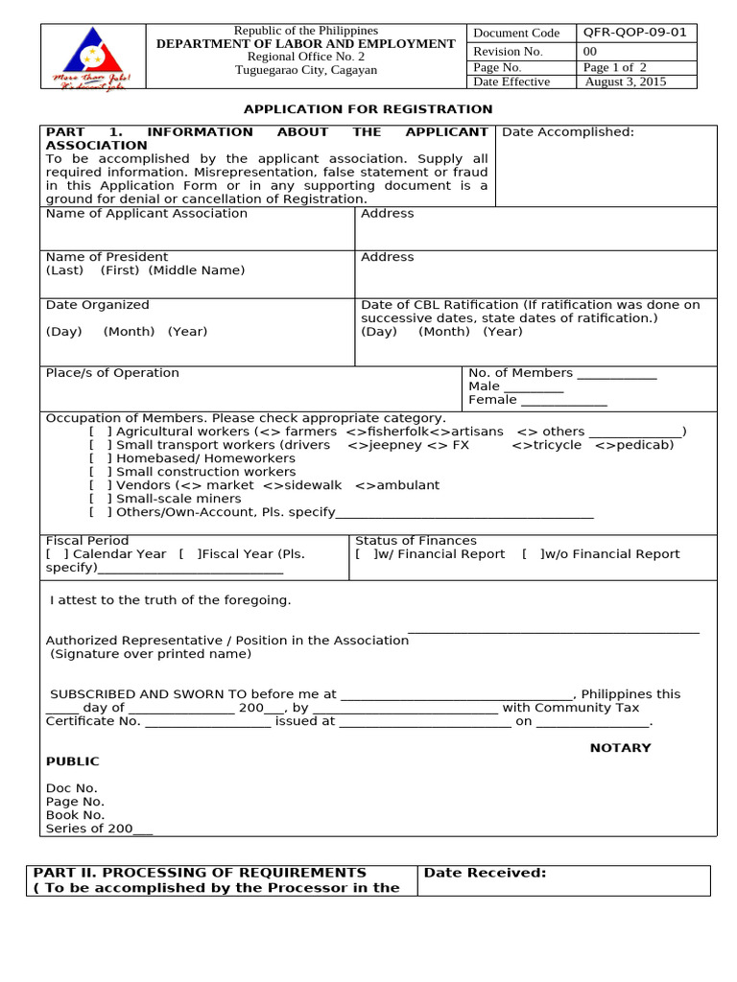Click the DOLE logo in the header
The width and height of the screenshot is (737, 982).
pos(92,57)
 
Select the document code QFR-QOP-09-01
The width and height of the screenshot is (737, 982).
pos(634,32)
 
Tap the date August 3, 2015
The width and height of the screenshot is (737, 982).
pos(625,82)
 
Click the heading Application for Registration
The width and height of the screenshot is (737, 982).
pos(368,109)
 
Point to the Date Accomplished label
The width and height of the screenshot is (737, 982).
pos(568,132)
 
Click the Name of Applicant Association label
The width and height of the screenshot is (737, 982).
pos(146,213)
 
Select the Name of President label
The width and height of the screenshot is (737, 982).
pos(107,257)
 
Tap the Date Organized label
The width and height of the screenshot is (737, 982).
pos(97,305)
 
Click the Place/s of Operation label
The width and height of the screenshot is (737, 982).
pos(112,372)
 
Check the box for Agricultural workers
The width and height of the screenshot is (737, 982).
pos(101,432)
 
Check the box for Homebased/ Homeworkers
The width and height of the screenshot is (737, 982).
pos(101,458)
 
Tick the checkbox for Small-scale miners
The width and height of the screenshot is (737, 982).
pos(101,499)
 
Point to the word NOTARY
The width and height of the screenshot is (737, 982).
pos(620,748)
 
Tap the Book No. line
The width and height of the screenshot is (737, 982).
pos(76,815)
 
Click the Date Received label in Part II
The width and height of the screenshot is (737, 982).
pos(485,873)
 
